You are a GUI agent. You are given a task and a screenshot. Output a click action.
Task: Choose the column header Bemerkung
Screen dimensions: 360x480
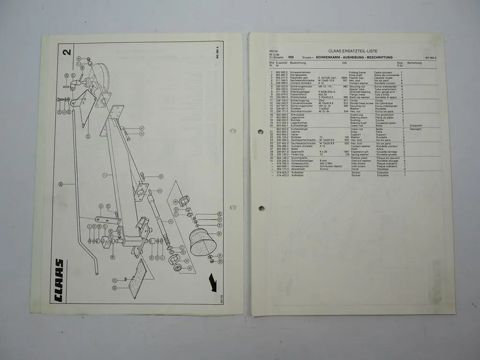point(414,62)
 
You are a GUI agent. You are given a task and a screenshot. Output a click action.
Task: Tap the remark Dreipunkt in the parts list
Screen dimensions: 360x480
point(416,126)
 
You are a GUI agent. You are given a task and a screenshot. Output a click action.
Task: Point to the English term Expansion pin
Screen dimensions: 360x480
point(361,151)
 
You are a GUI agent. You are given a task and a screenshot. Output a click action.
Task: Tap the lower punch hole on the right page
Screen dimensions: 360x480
point(261,208)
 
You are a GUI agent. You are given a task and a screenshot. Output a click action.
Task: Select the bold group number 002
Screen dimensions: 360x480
point(291,57)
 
